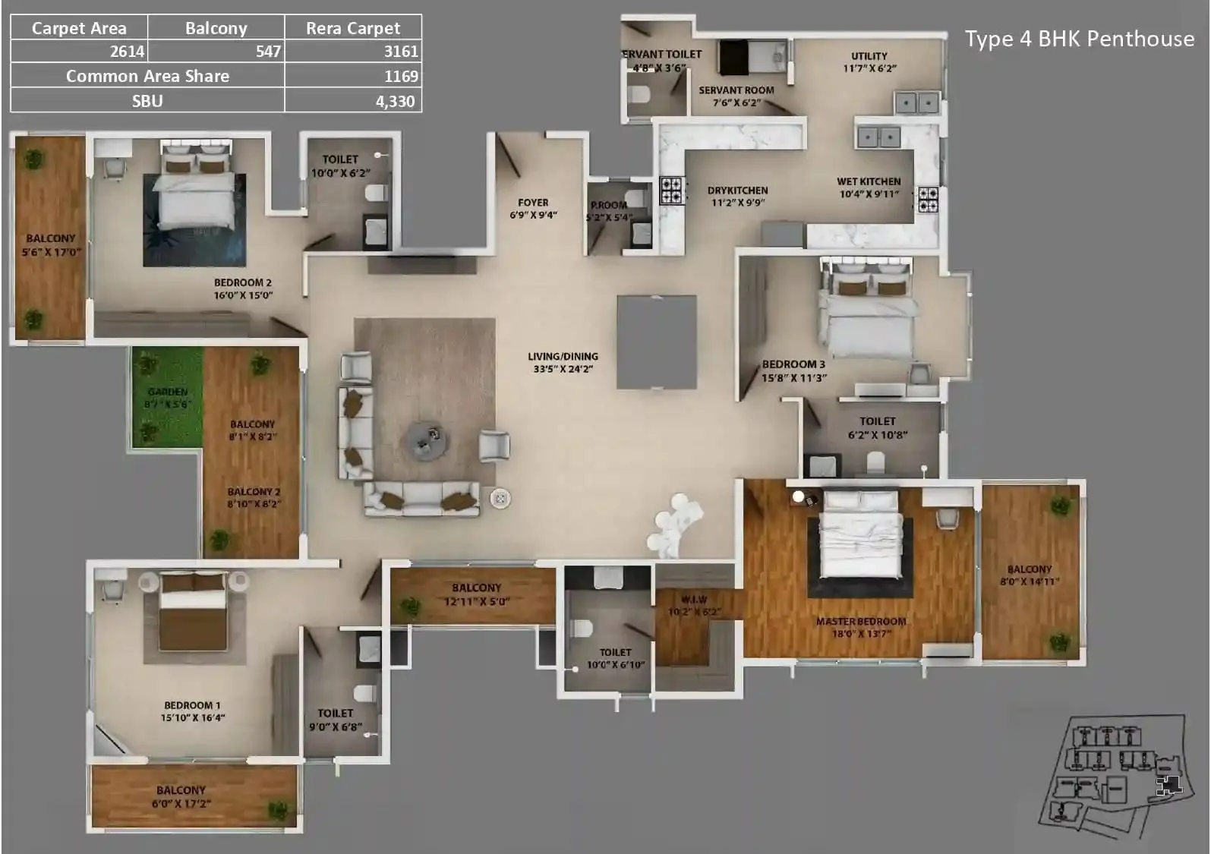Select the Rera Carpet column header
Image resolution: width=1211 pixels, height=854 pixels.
[352, 28]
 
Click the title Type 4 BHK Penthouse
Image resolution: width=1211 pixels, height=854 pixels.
[1079, 39]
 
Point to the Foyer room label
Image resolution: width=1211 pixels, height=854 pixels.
[533, 203]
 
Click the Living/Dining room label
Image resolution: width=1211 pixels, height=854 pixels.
[563, 356]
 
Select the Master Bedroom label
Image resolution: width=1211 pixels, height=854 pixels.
[861, 621]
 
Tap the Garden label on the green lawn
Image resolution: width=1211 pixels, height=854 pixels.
[167, 392]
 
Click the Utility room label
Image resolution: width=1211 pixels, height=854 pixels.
[869, 56]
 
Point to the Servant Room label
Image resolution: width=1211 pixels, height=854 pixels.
[736, 90]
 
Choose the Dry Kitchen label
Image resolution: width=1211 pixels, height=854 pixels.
[737, 191]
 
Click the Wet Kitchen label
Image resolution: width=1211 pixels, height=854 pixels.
[869, 181]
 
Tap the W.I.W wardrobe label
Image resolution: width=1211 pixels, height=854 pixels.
[694, 600]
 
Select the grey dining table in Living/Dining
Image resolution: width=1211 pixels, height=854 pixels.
[657, 342]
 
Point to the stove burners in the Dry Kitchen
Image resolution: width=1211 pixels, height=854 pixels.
[671, 191]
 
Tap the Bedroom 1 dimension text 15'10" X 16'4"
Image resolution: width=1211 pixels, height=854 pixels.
[192, 717]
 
